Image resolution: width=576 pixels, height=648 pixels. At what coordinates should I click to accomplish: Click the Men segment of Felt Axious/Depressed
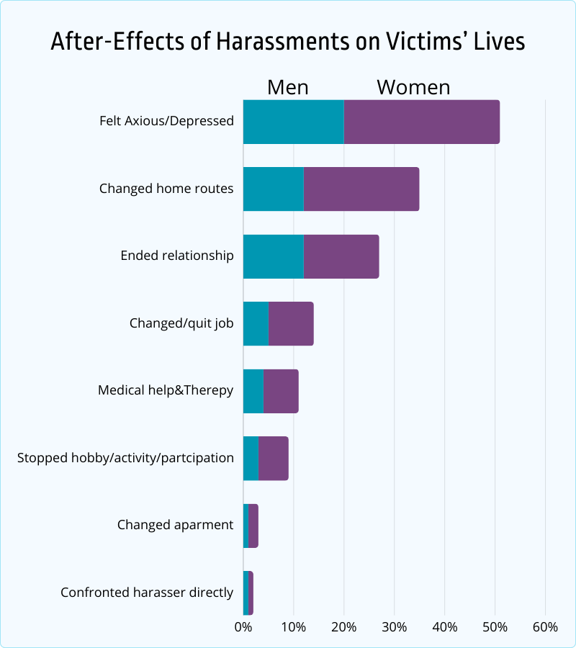click(x=293, y=122)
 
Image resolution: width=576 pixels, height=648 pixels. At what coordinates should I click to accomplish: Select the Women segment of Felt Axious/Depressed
click(x=422, y=122)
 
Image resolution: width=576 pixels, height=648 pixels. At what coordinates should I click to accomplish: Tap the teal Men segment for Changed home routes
click(x=273, y=189)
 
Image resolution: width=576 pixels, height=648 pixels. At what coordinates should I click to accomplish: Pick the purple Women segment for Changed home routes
click(x=361, y=189)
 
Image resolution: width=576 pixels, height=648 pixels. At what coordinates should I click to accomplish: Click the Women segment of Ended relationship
click(x=341, y=256)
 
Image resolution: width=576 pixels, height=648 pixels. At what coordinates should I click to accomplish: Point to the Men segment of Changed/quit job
click(x=256, y=323)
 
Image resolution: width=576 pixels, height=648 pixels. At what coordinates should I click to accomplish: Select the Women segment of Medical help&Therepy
click(x=281, y=391)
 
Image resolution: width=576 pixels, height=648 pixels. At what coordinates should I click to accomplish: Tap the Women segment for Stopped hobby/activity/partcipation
click(x=274, y=458)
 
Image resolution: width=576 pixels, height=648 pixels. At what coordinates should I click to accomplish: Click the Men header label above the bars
click(x=287, y=87)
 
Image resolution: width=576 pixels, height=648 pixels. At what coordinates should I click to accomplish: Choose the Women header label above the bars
click(x=413, y=87)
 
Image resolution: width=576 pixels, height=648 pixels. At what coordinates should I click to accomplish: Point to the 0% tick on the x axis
click(x=243, y=627)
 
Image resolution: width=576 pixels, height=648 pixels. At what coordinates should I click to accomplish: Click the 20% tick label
click(x=343, y=627)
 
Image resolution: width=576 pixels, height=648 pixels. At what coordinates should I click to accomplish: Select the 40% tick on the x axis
click(x=444, y=627)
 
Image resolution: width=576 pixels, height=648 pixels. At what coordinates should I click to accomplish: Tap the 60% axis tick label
click(x=545, y=627)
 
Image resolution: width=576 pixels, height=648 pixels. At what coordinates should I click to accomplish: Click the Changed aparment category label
click(x=175, y=525)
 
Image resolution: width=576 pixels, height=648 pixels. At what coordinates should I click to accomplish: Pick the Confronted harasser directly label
click(x=147, y=593)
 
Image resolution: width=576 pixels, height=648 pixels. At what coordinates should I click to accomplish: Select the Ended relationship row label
click(x=177, y=256)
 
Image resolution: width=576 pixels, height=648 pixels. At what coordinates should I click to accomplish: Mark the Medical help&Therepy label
click(x=166, y=390)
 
